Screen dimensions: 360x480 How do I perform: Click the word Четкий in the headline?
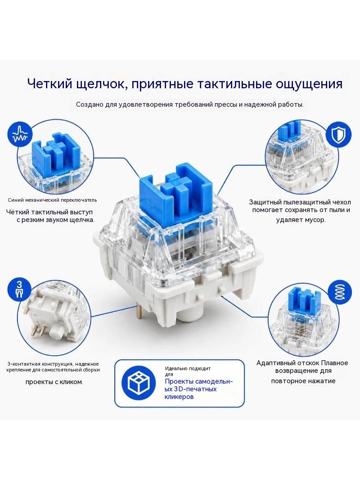(x=49, y=83)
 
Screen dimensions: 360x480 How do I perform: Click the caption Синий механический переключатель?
(x=52, y=200)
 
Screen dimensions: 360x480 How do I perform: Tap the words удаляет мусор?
(x=301, y=220)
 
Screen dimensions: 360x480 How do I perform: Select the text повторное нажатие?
(x=303, y=381)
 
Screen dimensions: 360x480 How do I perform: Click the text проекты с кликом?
(x=54, y=382)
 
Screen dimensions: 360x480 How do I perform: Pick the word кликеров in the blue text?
(x=179, y=397)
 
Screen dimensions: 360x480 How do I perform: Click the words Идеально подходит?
(x=188, y=369)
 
